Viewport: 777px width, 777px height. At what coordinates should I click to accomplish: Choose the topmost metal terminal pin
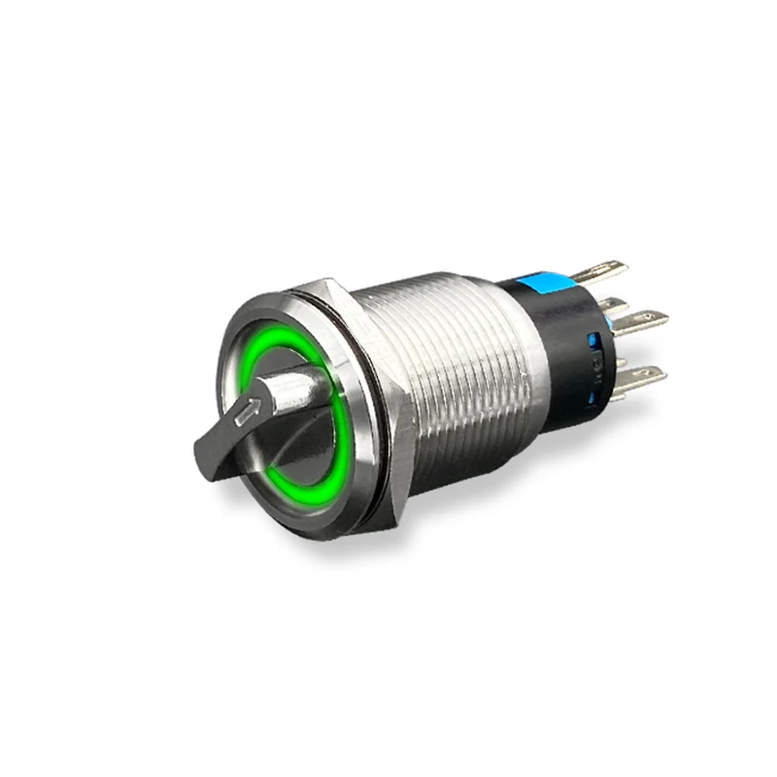pos(607,268)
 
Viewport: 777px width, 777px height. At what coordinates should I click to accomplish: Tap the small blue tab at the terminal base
pos(606,305)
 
